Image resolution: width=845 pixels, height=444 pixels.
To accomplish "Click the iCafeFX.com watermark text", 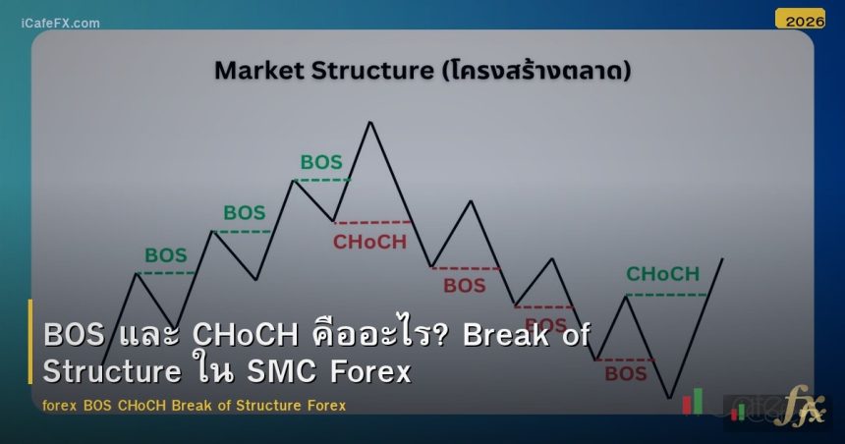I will point(60,23).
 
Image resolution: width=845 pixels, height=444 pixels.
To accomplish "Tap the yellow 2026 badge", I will point(799,19).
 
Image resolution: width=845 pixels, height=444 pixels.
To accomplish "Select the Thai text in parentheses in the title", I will point(536,71).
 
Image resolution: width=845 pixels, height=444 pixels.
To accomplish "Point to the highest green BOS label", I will point(321,162).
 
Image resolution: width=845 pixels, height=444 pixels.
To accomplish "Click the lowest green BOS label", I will point(165,255).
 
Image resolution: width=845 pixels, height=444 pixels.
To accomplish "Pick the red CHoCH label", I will point(369,242).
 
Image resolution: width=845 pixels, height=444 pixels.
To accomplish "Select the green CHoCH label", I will point(663,274).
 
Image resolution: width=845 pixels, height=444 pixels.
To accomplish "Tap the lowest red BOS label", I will point(625,373).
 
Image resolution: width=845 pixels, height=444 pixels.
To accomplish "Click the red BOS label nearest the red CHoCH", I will point(464,286).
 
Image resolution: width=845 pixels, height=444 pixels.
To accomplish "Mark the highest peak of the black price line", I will point(370,122).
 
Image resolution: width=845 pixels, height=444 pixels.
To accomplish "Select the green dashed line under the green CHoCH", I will point(665,295).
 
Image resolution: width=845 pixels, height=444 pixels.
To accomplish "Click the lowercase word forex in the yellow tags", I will point(61,405).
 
